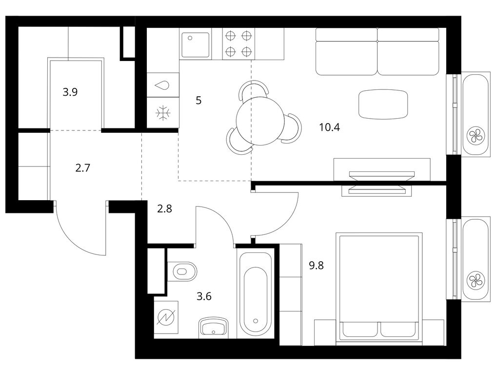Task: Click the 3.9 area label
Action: [x=70, y=92]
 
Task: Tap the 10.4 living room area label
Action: [x=330, y=127]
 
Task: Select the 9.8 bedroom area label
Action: [x=317, y=265]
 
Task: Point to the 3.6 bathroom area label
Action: [x=204, y=296]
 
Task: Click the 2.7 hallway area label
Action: [x=83, y=167]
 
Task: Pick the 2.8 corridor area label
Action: [x=165, y=208]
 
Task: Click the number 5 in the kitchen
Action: [x=198, y=101]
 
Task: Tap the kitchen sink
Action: [x=196, y=45]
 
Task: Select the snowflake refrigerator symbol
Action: [x=163, y=112]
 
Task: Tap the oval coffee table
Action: [x=383, y=104]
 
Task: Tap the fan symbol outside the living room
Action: [x=476, y=136]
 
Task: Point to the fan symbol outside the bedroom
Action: [x=476, y=280]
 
